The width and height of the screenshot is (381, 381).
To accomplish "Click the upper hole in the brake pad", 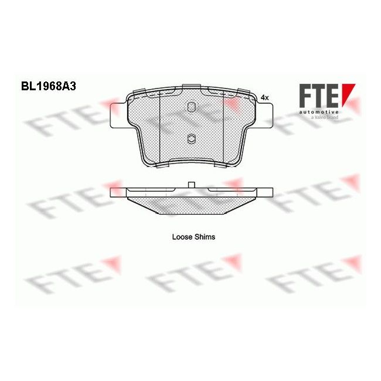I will click(x=190, y=107).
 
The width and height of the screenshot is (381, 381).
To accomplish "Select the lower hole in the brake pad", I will click(x=190, y=138).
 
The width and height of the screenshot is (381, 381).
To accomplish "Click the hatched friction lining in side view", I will click(x=191, y=203).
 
